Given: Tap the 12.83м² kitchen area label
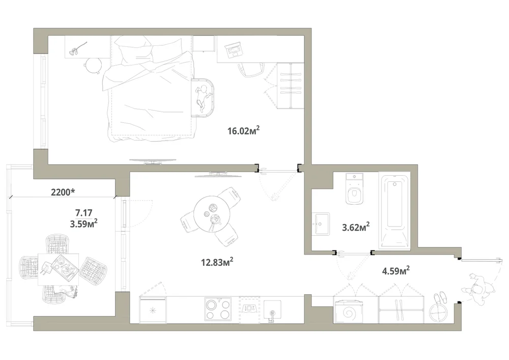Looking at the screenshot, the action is (217, 262).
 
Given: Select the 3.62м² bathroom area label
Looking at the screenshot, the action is (356, 227).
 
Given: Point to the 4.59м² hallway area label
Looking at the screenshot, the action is (395, 270).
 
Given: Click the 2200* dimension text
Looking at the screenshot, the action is (63, 192).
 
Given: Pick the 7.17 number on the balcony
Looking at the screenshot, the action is (84, 213).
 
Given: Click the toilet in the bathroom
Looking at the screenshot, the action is (354, 189).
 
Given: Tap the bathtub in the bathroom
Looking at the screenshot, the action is (394, 211).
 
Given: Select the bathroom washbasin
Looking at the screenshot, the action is (321, 224).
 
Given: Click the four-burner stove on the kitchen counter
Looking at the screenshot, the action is (218, 310).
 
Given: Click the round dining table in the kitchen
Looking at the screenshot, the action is (212, 214).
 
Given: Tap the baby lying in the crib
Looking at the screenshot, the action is (202, 97).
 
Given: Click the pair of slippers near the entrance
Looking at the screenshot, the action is (441, 298).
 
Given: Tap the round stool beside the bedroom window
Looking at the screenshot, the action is (93, 65).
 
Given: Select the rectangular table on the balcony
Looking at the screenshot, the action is (59, 269).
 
